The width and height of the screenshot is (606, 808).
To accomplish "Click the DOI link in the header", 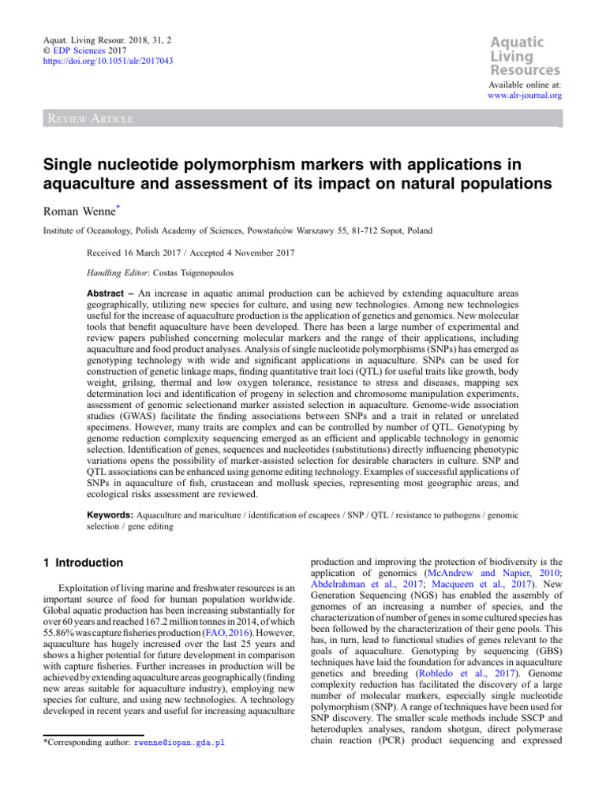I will coord(107,60).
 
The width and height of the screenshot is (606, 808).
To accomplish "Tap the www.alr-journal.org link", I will coord(525,96).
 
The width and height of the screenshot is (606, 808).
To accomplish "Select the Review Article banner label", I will coord(88,119).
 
